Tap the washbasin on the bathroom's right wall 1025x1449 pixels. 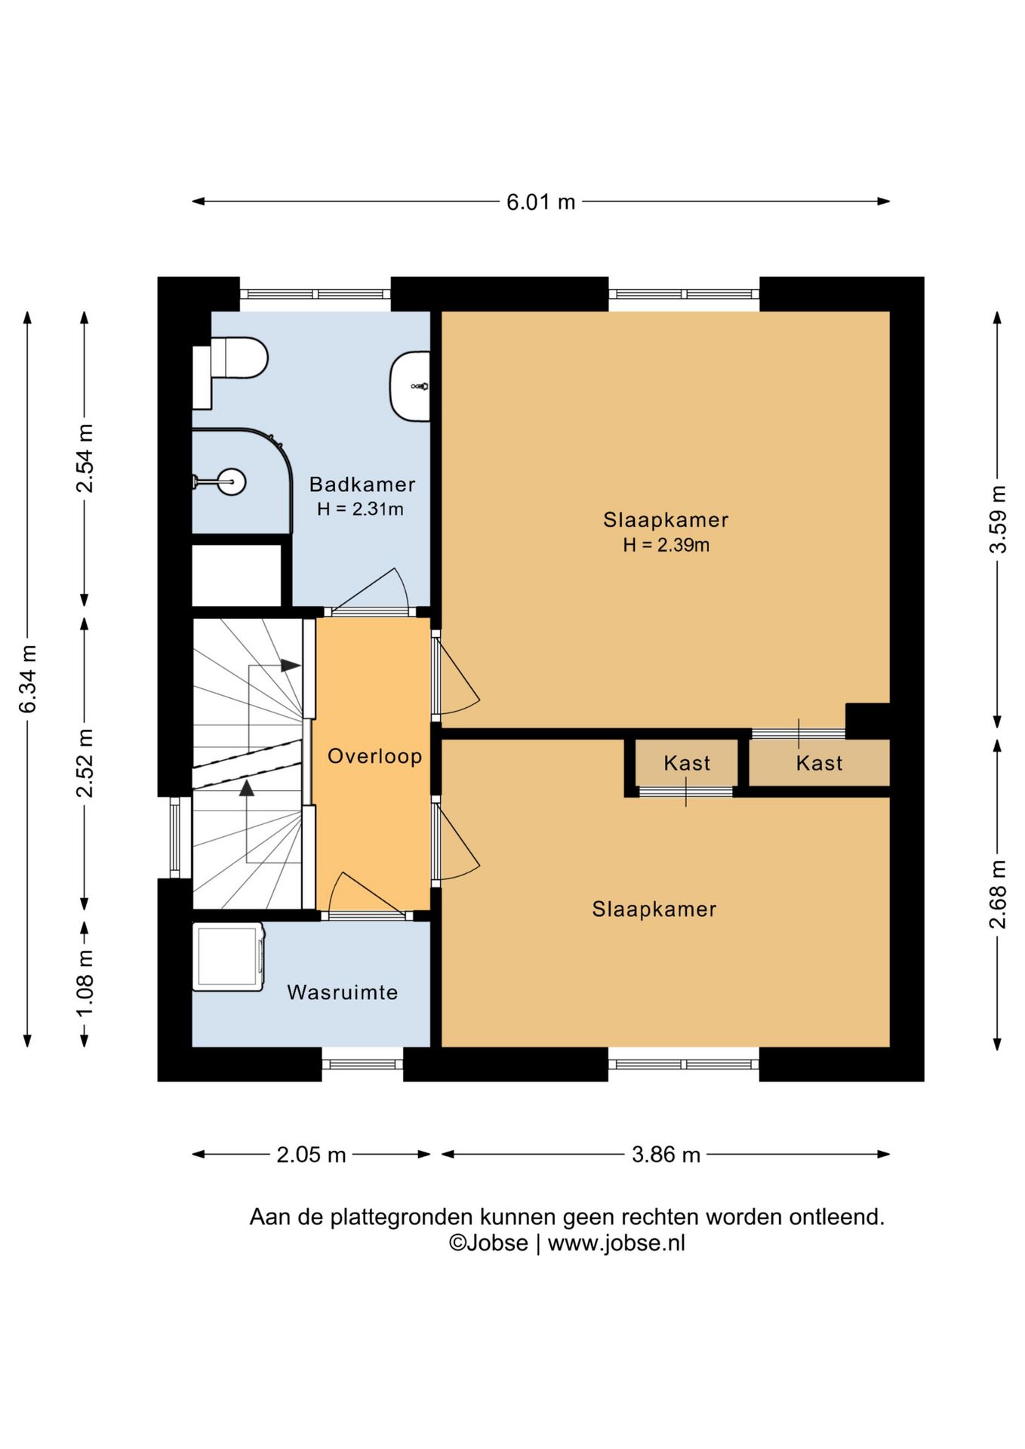click(x=410, y=386)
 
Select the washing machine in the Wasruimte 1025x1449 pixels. click(x=228, y=956)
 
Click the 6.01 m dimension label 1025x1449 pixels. click(x=540, y=202)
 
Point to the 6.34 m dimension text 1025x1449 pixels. click(x=28, y=678)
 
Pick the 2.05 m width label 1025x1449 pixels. click(x=311, y=1155)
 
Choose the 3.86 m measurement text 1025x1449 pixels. click(x=666, y=1155)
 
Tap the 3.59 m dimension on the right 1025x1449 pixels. click(x=998, y=519)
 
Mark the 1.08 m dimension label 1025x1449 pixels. click(x=85, y=983)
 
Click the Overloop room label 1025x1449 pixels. click(x=374, y=756)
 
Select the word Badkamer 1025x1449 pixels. click(x=362, y=485)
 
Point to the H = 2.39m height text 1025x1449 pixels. click(x=666, y=545)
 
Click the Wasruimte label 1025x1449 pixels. click(x=342, y=992)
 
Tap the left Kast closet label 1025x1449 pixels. click(x=687, y=763)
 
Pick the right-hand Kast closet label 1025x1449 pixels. click(x=819, y=763)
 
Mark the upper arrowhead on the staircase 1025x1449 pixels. click(x=291, y=666)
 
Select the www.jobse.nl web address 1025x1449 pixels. click(x=616, y=1243)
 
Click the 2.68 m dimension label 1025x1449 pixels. click(x=998, y=894)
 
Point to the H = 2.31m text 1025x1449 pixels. click(x=360, y=509)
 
